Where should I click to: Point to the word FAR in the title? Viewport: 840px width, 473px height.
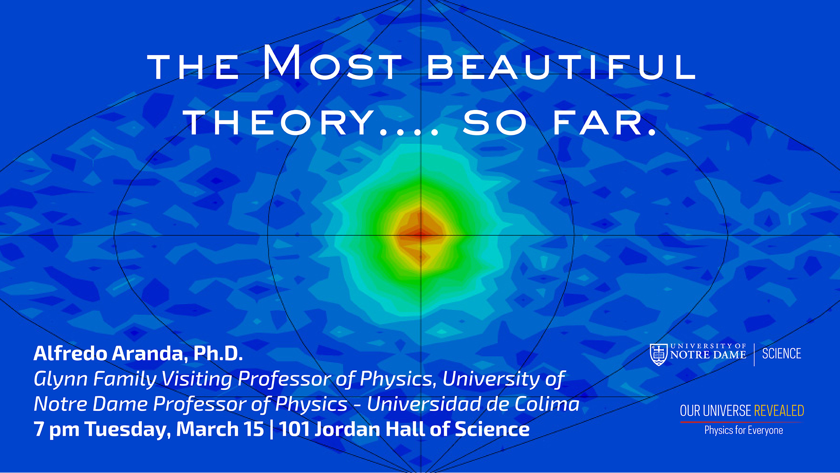coord(605,123)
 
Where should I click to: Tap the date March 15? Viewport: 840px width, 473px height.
coord(220,429)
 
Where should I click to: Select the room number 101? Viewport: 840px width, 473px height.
coord(294,429)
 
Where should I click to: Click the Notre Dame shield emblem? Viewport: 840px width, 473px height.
coord(658,354)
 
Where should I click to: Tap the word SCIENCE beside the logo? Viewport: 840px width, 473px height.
coord(781,354)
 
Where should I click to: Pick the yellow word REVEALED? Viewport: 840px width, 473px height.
coord(779,411)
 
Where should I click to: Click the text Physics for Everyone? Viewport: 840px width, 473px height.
coord(743,431)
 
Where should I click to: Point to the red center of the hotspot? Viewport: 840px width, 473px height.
coord(420,234)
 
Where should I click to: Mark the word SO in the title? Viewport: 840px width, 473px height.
coord(495,123)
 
